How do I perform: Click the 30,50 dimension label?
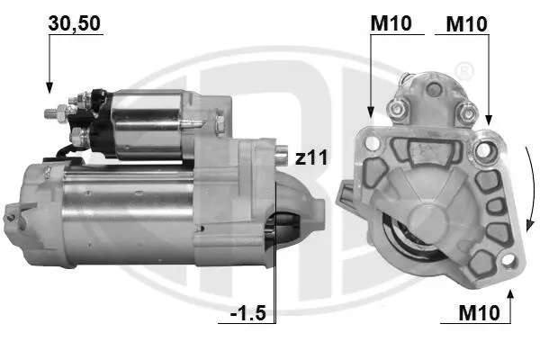tap(75, 23)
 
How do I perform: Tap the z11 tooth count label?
tap(311, 157)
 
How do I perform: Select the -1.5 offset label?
tap(248, 313)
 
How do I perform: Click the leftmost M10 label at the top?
tap(391, 23)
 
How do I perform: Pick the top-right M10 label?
tap(466, 24)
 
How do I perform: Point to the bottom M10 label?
tap(479, 313)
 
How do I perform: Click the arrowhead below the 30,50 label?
tap(49, 87)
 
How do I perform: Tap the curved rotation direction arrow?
tap(531, 189)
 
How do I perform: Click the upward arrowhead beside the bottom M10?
tap(510, 295)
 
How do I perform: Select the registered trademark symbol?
tap(463, 71)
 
